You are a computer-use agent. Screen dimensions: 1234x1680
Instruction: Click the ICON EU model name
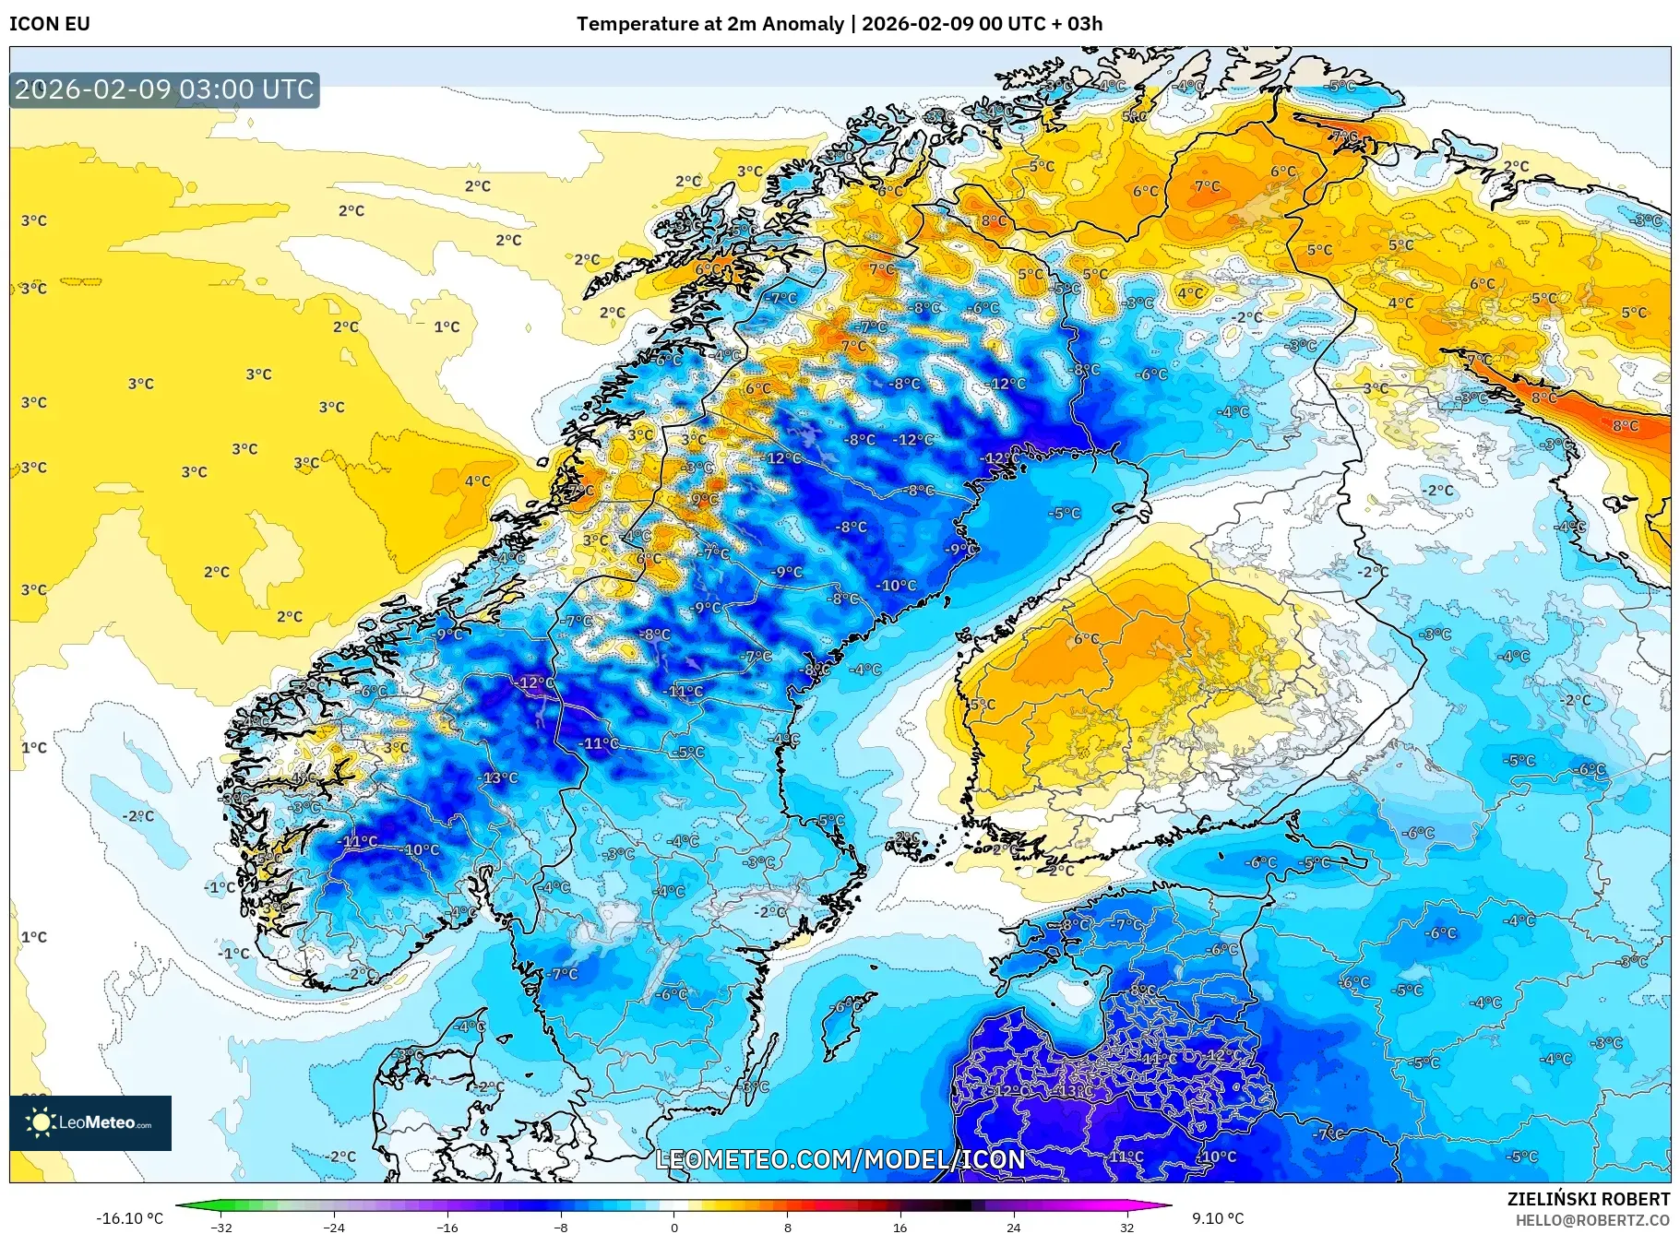pyautogui.click(x=50, y=24)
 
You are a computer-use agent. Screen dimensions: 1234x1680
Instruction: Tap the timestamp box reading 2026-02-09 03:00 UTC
pyautogui.click(x=164, y=89)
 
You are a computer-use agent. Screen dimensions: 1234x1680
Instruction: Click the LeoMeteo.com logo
pyautogui.click(x=90, y=1122)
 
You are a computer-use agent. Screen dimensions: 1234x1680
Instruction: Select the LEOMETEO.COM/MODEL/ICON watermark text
pyautogui.click(x=840, y=1159)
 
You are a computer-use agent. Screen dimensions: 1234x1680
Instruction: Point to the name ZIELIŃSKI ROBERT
pyautogui.click(x=1588, y=1199)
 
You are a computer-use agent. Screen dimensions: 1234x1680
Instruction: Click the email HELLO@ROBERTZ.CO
pyautogui.click(x=1591, y=1220)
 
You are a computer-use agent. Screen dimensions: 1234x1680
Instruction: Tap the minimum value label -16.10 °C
pyautogui.click(x=130, y=1218)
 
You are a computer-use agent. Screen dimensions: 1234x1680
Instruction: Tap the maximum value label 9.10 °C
pyautogui.click(x=1218, y=1218)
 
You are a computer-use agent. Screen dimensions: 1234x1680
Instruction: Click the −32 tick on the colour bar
pyautogui.click(x=221, y=1227)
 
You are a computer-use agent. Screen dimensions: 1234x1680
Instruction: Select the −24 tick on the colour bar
pyautogui.click(x=334, y=1227)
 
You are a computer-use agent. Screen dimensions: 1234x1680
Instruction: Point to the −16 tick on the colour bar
pyautogui.click(x=447, y=1227)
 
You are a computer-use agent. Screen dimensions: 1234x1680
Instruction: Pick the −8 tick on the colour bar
pyautogui.click(x=561, y=1227)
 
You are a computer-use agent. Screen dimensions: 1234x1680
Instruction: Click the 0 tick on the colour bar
pyautogui.click(x=674, y=1227)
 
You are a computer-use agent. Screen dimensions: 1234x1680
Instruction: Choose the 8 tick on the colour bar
pyautogui.click(x=787, y=1227)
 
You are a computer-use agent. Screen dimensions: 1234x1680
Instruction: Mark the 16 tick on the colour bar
pyautogui.click(x=900, y=1227)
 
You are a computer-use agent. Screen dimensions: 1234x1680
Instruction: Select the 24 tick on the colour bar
pyautogui.click(x=1013, y=1227)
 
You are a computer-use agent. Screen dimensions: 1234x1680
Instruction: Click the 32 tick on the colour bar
pyautogui.click(x=1126, y=1227)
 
